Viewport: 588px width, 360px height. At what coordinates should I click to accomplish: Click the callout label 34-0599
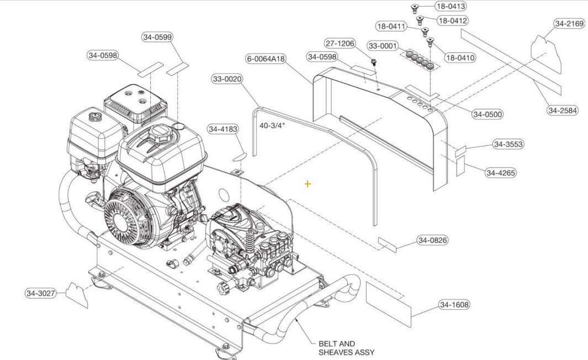(x=157, y=37)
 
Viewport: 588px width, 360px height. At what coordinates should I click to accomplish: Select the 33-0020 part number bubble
(x=227, y=79)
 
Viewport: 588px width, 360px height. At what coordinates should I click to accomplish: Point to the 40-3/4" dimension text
(x=272, y=125)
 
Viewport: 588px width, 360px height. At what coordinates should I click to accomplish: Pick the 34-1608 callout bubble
(x=455, y=305)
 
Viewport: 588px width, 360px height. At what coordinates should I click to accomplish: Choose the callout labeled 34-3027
(x=41, y=293)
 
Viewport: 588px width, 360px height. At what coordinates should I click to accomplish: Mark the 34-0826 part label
(x=432, y=240)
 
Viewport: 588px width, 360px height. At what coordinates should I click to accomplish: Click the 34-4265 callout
(x=501, y=173)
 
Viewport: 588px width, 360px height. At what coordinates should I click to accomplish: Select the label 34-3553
(x=508, y=144)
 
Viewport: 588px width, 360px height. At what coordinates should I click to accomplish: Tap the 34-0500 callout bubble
(x=488, y=114)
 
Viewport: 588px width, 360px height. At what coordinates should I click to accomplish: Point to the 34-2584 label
(x=563, y=110)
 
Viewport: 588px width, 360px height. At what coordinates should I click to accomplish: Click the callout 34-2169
(x=569, y=24)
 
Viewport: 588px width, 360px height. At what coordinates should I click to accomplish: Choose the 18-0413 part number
(x=451, y=7)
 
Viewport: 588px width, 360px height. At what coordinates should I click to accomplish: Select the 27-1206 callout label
(x=340, y=44)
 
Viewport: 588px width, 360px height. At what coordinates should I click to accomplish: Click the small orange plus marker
(x=308, y=184)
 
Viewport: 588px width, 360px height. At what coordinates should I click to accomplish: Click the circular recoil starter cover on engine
(x=125, y=220)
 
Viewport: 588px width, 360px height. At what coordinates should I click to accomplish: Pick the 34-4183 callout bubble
(x=223, y=129)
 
